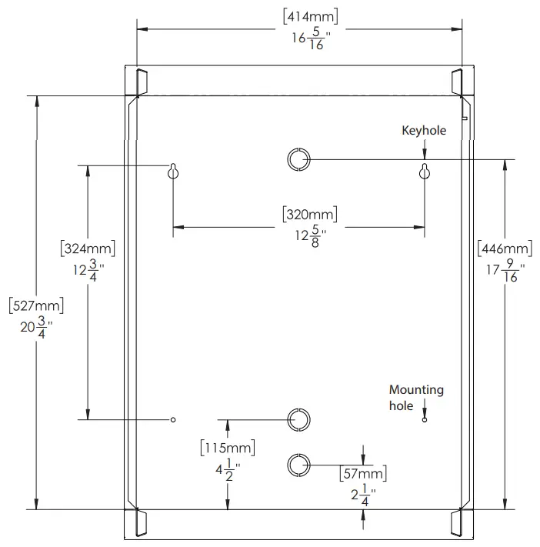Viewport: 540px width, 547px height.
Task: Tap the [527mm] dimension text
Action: [x=35, y=305]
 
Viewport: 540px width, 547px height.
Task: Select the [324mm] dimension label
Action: [x=87, y=248]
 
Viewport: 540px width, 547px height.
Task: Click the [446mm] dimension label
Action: [x=505, y=248]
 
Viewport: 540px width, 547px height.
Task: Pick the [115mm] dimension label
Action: [x=227, y=447]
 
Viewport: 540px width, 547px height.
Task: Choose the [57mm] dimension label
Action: [x=362, y=473]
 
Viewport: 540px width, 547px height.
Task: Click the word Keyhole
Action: [x=424, y=131]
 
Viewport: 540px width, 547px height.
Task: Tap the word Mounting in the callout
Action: [x=416, y=390]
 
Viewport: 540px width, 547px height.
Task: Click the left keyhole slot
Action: [x=174, y=172]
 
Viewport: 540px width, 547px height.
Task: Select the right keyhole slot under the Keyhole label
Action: [x=424, y=172]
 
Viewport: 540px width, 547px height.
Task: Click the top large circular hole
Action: [x=298, y=159]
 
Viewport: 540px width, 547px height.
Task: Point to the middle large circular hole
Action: [x=298, y=419]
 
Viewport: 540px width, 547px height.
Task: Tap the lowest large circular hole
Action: [x=298, y=464]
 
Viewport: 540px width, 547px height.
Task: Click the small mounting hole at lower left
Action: [x=174, y=419]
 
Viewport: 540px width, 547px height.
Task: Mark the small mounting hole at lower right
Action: [x=424, y=419]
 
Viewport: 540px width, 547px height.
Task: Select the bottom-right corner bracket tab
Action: [x=455, y=522]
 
